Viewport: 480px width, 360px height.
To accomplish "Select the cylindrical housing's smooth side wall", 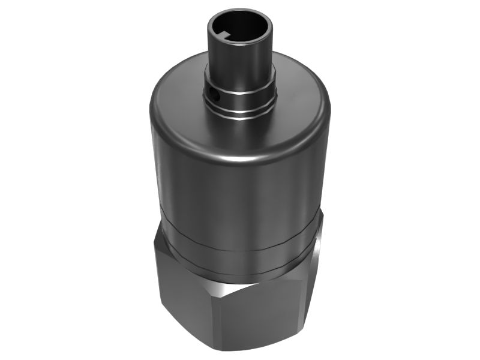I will tap(240, 192).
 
